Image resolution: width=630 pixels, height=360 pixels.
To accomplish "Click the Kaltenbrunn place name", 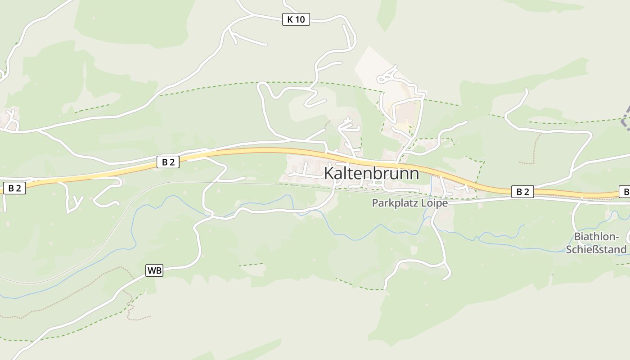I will (x=371, y=173).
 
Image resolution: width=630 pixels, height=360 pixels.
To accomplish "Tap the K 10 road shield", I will (x=296, y=19).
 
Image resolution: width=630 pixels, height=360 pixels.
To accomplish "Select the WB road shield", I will (x=154, y=270).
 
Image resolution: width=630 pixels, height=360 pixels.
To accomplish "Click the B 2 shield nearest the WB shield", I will (x=168, y=162).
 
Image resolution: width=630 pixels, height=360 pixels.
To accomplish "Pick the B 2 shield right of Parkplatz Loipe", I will (x=522, y=192).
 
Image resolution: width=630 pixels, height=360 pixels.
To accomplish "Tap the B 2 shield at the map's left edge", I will (x=14, y=188).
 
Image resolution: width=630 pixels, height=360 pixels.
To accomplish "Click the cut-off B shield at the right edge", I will (x=625, y=192).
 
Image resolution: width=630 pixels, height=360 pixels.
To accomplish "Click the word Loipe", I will (x=435, y=203).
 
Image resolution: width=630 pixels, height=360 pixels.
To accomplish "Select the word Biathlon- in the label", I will (x=597, y=237).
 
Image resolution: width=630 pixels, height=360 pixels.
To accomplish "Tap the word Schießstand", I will (x=596, y=249).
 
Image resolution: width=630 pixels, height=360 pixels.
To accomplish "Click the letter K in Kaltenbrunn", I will (x=329, y=173).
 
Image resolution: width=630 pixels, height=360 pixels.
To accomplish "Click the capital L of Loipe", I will (x=424, y=203).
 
